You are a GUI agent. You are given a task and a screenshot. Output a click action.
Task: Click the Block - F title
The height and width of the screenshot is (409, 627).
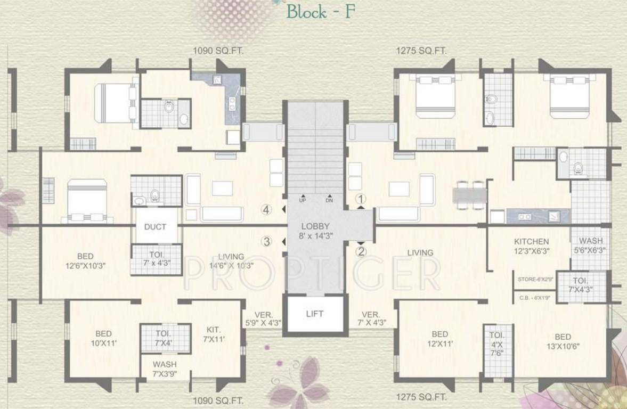[320, 12]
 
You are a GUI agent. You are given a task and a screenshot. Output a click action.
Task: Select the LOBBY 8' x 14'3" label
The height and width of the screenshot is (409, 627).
[314, 231]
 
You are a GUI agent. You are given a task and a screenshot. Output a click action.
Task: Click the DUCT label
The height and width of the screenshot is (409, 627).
[155, 226]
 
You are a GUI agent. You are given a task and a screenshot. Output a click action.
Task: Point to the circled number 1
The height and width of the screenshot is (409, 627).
[361, 199]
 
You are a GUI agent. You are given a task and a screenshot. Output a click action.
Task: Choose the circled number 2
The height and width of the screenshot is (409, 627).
[361, 251]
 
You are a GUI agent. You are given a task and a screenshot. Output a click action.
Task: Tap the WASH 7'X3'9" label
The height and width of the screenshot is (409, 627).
[165, 369]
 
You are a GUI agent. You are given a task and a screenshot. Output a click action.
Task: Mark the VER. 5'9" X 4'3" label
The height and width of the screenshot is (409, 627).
[263, 318]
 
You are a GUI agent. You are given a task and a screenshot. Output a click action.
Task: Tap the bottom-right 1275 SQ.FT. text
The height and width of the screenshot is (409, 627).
[421, 397]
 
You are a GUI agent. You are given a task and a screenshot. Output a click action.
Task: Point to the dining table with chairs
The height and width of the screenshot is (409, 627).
[470, 193]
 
